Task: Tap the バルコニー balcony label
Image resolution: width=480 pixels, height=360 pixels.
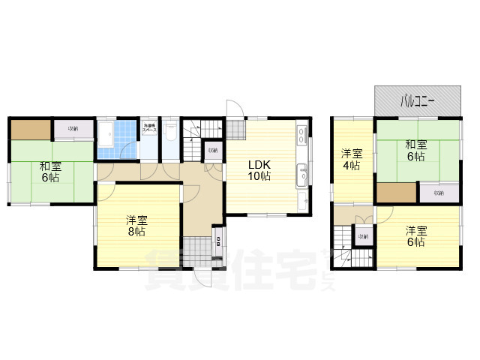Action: point(417,100)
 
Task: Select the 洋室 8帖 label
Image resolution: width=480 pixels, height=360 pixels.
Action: point(136,226)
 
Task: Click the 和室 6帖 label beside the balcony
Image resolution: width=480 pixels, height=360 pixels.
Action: point(416,151)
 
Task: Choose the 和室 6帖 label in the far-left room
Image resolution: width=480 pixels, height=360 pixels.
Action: point(49,173)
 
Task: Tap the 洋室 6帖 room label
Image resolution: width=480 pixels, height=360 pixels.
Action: point(416,236)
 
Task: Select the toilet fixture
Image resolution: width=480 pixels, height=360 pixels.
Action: point(170,136)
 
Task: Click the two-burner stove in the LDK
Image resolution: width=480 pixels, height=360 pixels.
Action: point(302,135)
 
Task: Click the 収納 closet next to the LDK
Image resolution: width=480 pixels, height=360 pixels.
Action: point(212,150)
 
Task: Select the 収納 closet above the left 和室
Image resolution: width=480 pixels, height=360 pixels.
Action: point(73,129)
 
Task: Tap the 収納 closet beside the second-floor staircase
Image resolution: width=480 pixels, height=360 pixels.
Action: point(363,237)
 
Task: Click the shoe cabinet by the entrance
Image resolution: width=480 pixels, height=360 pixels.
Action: point(218,241)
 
